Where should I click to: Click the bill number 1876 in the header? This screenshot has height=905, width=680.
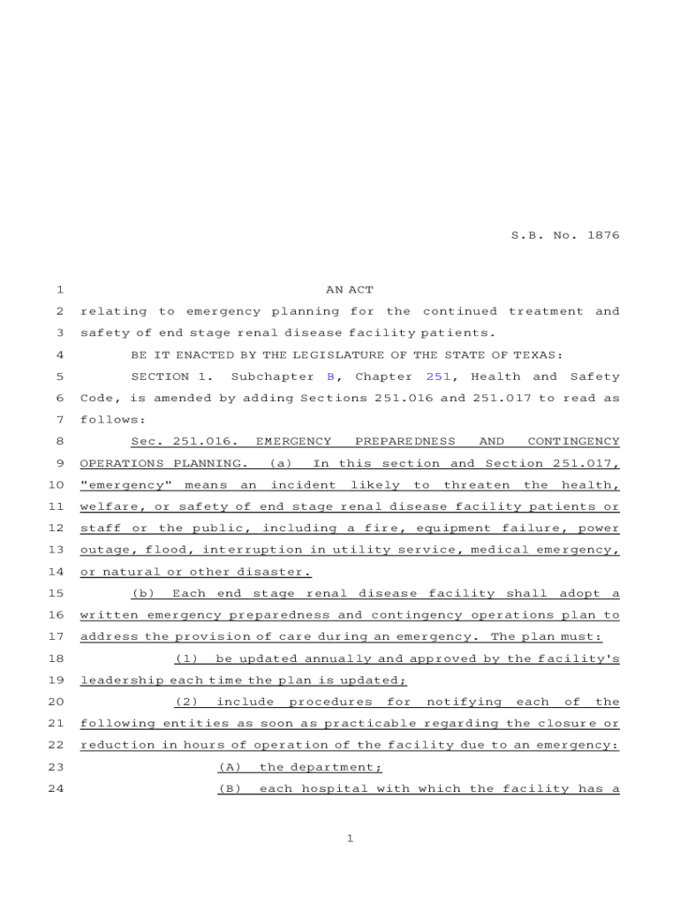[x=602, y=236]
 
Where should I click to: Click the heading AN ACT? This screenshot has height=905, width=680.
[x=350, y=290]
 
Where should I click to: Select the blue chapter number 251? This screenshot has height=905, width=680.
[x=439, y=376]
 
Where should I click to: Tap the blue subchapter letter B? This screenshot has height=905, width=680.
[x=330, y=376]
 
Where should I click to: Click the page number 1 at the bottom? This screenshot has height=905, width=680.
[x=350, y=839]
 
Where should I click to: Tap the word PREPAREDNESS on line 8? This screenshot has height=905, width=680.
[x=405, y=442]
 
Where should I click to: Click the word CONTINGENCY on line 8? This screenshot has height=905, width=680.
[x=573, y=442]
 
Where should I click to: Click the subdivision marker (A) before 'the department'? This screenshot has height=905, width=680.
[x=230, y=767]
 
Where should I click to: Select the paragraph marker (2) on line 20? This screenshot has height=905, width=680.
[x=186, y=703]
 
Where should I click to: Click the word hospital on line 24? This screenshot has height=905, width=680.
[x=334, y=789]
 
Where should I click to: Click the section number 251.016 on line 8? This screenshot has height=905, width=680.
[x=207, y=442]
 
